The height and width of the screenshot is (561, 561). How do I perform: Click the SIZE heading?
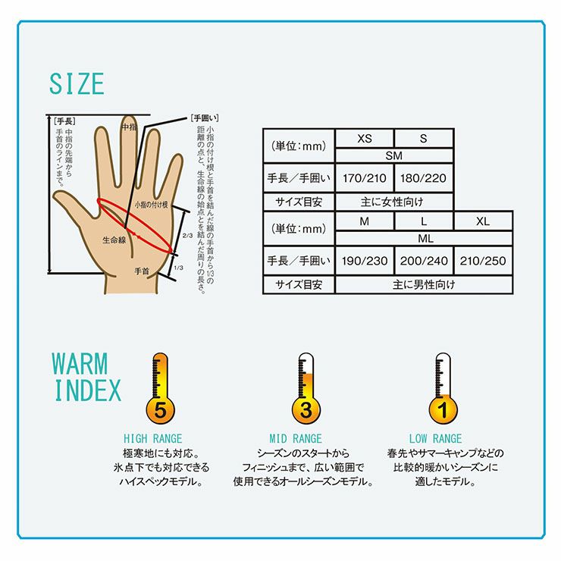pos(77,84)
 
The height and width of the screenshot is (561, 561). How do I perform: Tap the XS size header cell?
pos(364,139)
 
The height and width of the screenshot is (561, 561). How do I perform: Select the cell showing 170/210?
pos(364,178)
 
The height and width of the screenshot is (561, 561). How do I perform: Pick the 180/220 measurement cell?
pos(423,178)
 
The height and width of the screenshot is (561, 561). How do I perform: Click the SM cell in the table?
pos(394,155)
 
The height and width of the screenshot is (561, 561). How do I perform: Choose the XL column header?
pos(483,221)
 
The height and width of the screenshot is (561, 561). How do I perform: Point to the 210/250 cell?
pos(483,261)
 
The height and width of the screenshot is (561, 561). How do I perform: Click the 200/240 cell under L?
pos(424,261)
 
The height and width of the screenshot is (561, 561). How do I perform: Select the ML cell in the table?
pos(425,238)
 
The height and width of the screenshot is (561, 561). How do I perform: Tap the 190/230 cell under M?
pos(364,261)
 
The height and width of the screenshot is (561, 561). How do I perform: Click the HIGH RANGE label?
pos(153,439)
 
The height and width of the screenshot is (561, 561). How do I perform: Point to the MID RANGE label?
pos(296,439)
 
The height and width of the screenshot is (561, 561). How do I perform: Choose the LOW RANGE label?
pos(435,439)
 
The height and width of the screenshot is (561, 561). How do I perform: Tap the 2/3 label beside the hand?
pos(187,236)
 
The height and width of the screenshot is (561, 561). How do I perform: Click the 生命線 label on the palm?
pos(114,240)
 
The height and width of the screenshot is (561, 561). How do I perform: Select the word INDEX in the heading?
pos(88,390)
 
